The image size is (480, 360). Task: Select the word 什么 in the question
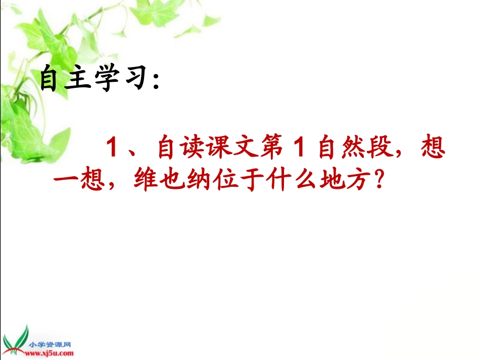click(287, 181)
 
